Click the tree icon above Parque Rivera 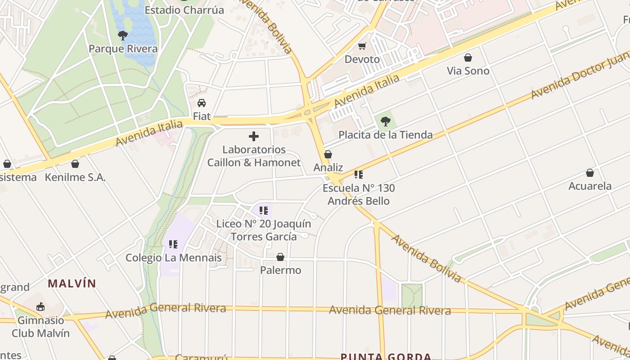click(x=122, y=35)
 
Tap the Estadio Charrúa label click(x=184, y=10)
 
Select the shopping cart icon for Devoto click(x=362, y=46)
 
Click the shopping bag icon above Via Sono click(x=468, y=58)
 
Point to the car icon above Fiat click(x=202, y=103)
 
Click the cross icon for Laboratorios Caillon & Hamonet click(x=254, y=136)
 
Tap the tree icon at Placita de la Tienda click(x=385, y=121)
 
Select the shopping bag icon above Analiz click(x=328, y=154)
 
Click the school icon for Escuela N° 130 click(x=358, y=175)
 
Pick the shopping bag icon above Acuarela click(x=590, y=173)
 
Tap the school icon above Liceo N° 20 click(x=264, y=210)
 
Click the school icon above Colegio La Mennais click(x=173, y=244)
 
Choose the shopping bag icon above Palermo click(x=280, y=257)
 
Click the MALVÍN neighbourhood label click(x=72, y=283)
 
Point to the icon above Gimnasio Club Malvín click(x=40, y=307)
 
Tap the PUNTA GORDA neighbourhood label click(x=386, y=357)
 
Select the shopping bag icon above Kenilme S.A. click(x=75, y=164)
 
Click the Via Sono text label click(x=468, y=71)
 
